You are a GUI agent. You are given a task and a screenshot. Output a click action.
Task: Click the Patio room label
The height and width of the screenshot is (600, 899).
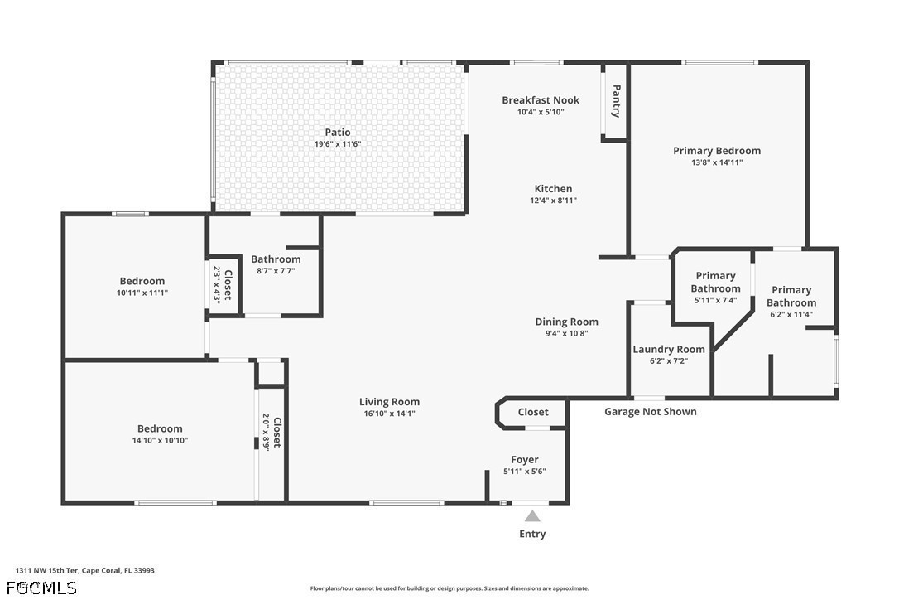pos(338,133)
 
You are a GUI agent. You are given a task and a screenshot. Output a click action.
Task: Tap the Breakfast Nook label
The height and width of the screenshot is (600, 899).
pos(541,100)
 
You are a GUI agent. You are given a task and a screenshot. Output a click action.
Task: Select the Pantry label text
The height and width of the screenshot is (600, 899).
pos(617,101)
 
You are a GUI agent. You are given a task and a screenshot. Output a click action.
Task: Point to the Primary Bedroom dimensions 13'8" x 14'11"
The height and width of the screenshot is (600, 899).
pos(717,162)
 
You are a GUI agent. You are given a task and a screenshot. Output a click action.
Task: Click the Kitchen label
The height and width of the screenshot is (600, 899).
pos(553,188)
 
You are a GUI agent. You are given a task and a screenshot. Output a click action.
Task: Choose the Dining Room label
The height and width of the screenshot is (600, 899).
pos(566,322)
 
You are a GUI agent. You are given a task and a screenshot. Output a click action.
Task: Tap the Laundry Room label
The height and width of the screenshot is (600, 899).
pos(669,349)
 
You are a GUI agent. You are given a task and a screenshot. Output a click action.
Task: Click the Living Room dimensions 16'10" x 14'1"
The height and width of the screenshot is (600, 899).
pos(389,414)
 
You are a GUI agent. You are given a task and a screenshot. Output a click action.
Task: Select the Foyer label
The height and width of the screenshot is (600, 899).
pos(525,459)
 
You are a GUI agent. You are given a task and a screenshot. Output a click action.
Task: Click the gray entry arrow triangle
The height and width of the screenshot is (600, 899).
pos(532,516)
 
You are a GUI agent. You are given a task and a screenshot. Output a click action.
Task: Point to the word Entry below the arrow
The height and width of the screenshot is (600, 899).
pos(532,534)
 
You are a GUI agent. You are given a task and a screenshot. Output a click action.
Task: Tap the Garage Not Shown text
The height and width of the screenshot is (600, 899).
pos(650,412)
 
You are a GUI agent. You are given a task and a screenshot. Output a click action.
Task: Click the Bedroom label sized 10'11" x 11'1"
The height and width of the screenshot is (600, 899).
pos(142,281)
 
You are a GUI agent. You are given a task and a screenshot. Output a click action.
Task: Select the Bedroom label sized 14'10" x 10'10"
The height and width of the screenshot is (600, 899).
pos(160,428)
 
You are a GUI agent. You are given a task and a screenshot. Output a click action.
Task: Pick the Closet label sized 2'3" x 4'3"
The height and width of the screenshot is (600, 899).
pos(228,285)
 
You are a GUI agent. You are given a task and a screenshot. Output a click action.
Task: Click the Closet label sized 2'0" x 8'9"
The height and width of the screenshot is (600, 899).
pos(277,433)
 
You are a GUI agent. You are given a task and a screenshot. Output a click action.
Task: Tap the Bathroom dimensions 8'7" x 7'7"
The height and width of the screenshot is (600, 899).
pos(276,271)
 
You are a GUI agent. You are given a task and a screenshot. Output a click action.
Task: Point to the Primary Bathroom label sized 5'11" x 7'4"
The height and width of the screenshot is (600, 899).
pos(715,282)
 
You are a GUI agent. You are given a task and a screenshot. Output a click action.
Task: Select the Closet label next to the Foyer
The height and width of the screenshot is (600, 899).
pos(533,412)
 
